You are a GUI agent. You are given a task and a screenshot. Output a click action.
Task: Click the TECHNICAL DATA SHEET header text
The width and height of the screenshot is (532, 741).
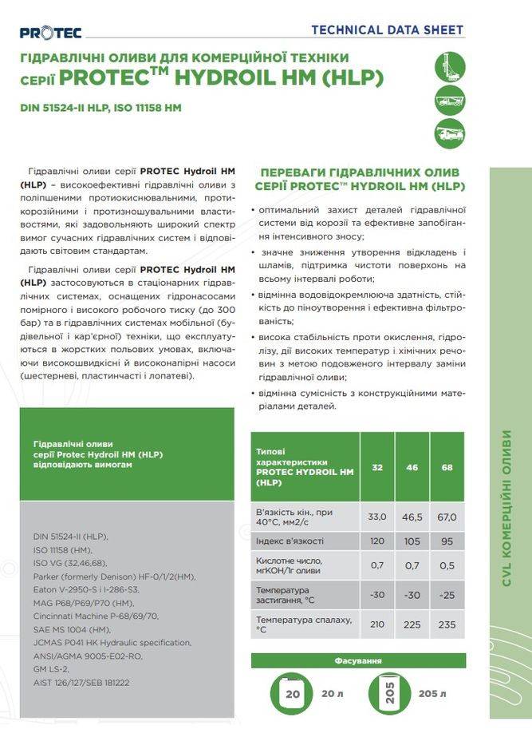[x=387, y=30]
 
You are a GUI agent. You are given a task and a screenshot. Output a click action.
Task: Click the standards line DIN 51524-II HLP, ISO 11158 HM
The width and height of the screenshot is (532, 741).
[x=100, y=108]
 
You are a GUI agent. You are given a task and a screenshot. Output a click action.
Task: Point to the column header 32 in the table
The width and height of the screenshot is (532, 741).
[x=377, y=466]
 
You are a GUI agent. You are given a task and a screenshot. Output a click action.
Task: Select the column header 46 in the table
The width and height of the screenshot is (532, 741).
[x=412, y=466]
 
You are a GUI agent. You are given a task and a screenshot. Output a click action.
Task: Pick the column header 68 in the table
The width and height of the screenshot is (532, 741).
[x=447, y=466]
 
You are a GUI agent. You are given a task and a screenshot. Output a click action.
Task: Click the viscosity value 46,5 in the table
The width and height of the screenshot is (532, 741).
[x=412, y=517]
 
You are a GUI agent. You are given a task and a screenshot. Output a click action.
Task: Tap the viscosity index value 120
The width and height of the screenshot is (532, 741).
[x=377, y=541]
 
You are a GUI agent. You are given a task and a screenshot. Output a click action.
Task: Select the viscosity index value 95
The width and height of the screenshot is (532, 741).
[x=447, y=541]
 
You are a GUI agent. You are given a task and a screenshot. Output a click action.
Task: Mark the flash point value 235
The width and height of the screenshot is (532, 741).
[x=447, y=624]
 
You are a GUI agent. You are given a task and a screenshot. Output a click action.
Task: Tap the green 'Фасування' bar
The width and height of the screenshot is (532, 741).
[x=357, y=660]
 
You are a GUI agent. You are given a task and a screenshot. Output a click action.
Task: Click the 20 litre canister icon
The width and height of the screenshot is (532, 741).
[x=293, y=693]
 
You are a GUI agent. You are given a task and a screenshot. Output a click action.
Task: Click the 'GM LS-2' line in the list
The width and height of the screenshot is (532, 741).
[x=52, y=668]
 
